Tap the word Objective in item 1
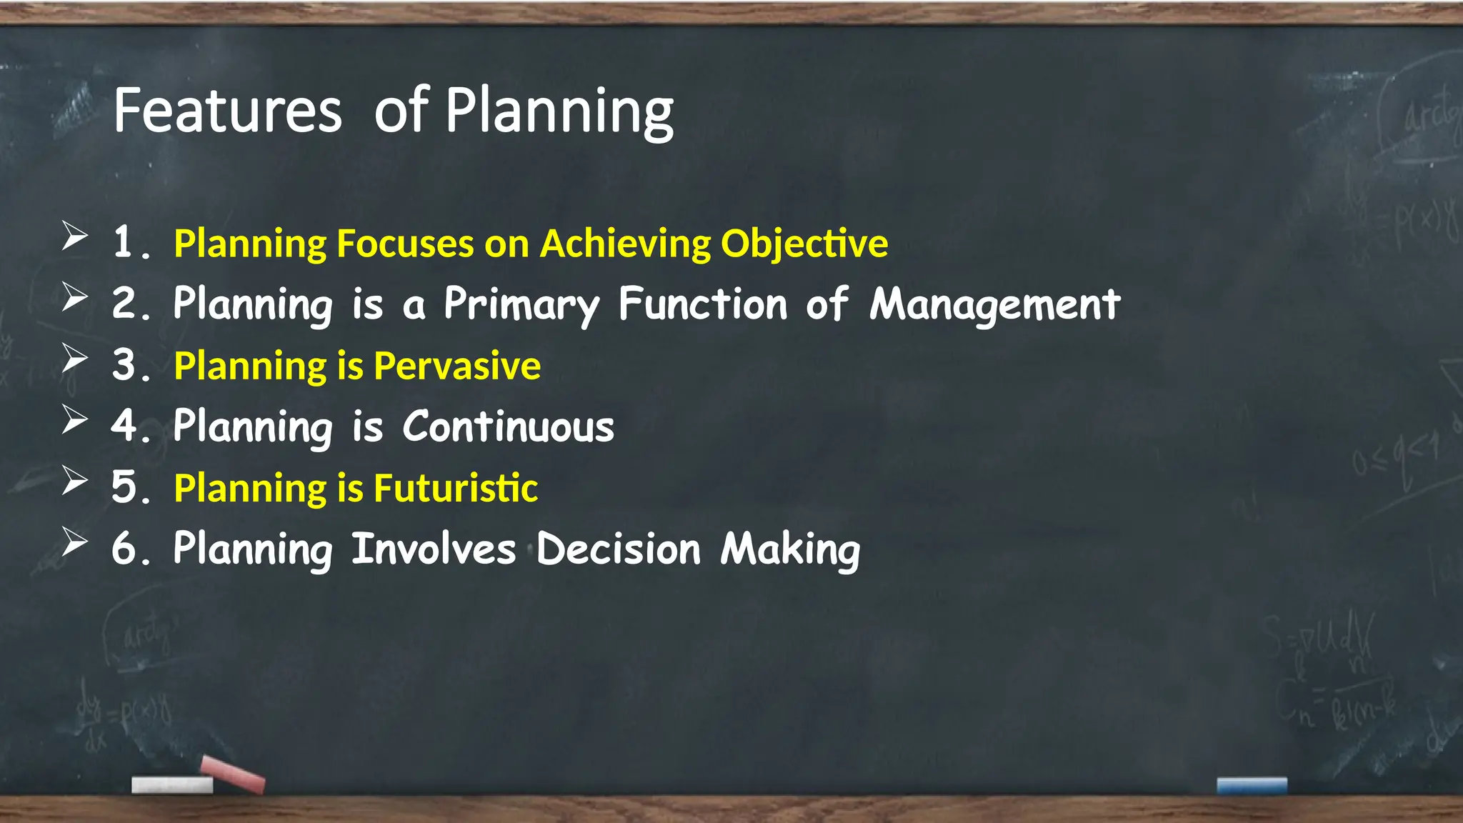pos(804,244)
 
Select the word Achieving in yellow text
pos(625,244)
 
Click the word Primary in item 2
pos(521,304)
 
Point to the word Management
pos(994,304)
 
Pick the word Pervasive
pos(457,366)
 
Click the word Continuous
pos(508,427)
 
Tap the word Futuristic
pos(456,488)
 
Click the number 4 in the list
pos(124,426)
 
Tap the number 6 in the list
pos(124,549)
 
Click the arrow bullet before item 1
pos(74,236)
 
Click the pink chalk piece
pos(233,774)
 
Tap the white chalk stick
pos(172,785)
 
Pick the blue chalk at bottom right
pos(1252,786)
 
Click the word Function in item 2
pos(702,304)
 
